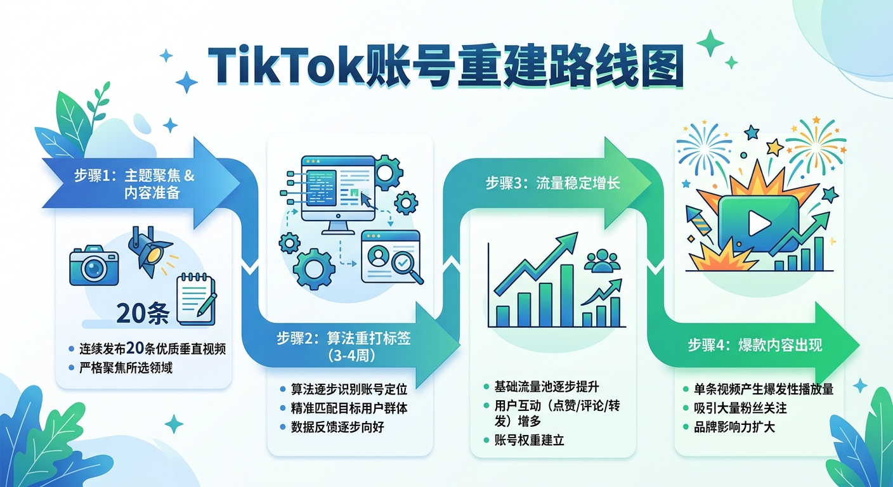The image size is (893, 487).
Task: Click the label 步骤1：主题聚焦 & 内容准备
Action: pyautogui.click(x=134, y=184)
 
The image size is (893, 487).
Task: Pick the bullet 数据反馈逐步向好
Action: pyautogui.click(x=337, y=427)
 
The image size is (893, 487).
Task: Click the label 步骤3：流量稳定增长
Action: pyautogui.click(x=552, y=184)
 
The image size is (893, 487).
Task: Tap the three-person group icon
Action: pyautogui.click(x=599, y=261)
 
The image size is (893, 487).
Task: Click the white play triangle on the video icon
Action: pyautogui.click(x=757, y=222)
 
